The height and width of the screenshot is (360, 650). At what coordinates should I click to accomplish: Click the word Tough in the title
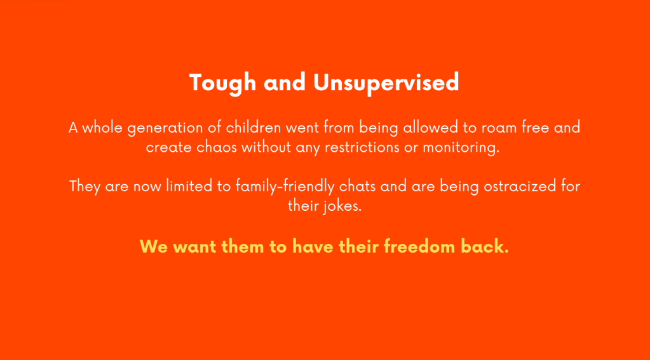coord(222,83)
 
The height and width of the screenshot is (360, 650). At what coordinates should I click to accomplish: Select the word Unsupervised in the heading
coord(386,83)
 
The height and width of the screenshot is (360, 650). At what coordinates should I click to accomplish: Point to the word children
coord(254,127)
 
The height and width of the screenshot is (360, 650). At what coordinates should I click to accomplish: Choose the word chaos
coord(217,147)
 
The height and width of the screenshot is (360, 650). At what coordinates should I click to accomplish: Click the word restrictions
coord(362,147)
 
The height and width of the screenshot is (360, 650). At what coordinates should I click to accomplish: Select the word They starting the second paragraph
coord(85,187)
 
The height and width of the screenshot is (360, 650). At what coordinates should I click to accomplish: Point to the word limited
coord(189,186)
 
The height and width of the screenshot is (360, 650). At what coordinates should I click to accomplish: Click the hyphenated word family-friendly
coord(285,187)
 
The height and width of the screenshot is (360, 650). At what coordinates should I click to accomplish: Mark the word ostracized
coord(520,186)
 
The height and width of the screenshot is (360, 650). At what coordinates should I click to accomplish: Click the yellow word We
coord(154,247)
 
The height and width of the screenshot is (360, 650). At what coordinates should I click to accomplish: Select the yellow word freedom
coord(419,246)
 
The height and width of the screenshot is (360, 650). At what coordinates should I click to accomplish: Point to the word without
coord(266,147)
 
